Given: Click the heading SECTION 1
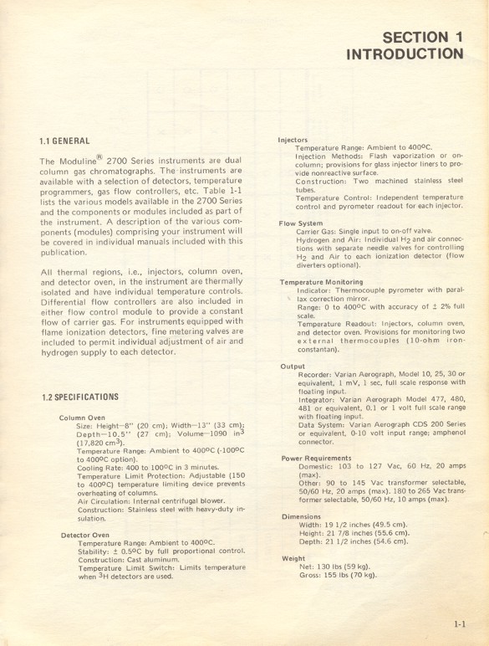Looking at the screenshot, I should [420, 36].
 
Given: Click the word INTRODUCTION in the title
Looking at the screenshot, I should [405, 54].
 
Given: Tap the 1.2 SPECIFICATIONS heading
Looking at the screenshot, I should [80, 396].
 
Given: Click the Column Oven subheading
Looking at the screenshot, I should [83, 417].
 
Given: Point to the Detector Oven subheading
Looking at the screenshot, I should [85, 535].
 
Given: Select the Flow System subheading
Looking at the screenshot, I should [301, 223].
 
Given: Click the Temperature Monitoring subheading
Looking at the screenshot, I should [321, 283].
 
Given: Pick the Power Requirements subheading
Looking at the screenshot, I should [314, 458].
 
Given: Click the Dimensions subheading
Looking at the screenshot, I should [302, 516].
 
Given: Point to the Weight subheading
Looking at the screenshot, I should [293, 557].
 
